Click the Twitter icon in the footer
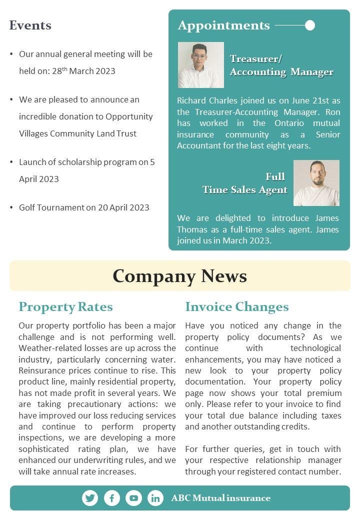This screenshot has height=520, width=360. [90, 498]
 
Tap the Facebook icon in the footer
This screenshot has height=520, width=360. [112, 498]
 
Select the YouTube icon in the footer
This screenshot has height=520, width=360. [133, 498]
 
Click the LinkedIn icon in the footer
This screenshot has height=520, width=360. [155, 498]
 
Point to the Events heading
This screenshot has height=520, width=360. [30, 25]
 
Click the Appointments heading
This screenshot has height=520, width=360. [223, 25]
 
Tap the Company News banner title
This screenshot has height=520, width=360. [179, 276]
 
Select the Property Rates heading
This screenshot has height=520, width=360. [65, 306]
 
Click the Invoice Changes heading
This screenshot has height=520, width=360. [237, 306]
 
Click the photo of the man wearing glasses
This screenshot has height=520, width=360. [201, 65]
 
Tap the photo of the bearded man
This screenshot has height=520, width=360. [316, 183]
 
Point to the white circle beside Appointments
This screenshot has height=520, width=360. [310, 25]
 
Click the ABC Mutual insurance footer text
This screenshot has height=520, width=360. [220, 498]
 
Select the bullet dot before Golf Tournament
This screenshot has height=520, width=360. [11, 207]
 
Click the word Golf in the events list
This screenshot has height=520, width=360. [28, 207]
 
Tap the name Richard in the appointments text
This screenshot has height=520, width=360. [192, 100]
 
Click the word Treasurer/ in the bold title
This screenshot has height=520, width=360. [256, 59]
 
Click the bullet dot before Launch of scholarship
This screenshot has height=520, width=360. [11, 162]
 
